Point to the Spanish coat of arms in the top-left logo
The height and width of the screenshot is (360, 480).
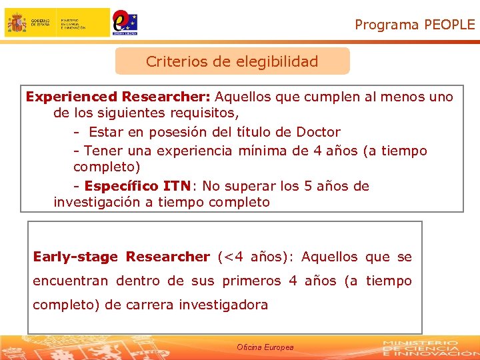tap(17, 23)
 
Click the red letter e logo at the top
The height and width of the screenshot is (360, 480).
tap(121, 21)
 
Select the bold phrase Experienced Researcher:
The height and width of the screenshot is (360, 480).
tap(118, 97)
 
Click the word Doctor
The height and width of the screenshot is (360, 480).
tap(317, 132)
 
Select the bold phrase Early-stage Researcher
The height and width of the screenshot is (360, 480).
tap(121, 257)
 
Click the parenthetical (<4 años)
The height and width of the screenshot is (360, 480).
tap(255, 257)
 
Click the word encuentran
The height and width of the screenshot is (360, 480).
tap(70, 281)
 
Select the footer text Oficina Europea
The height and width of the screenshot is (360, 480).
tap(265, 347)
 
